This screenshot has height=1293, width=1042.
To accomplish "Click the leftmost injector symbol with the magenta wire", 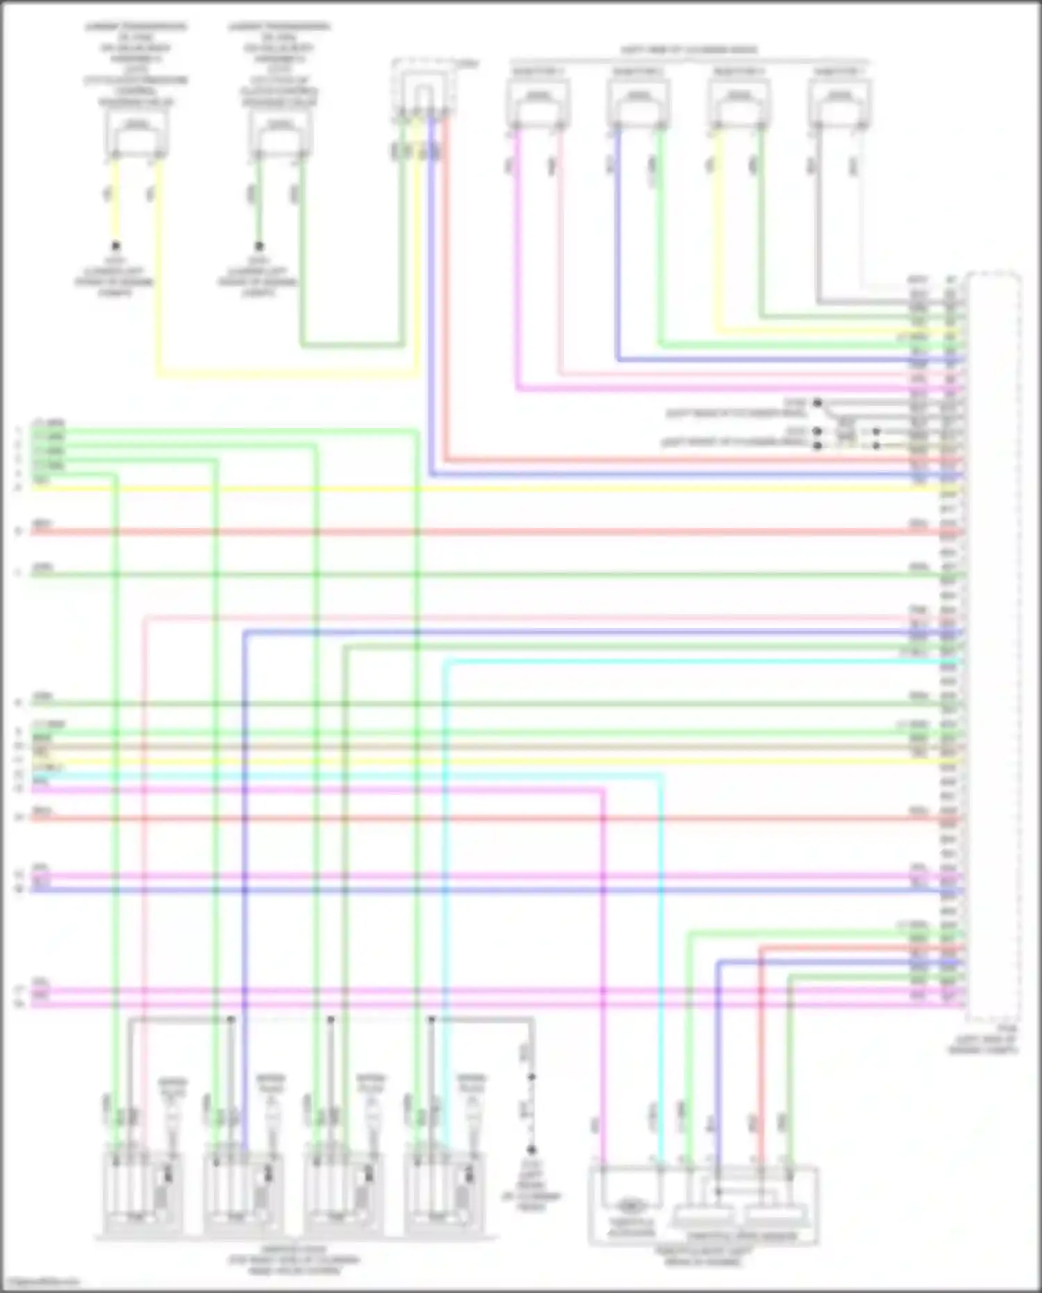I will [537, 103].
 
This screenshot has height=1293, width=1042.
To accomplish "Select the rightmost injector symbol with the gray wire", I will [840, 103].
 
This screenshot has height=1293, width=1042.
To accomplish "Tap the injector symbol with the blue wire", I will [638, 103].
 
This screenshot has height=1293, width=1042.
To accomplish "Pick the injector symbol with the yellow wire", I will [738, 103].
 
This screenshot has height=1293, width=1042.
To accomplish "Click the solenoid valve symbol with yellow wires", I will [137, 133].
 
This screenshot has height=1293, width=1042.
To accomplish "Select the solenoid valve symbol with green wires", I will [279, 133].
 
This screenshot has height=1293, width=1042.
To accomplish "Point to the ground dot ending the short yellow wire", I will [116, 246].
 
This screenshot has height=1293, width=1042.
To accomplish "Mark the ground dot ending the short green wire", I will [259, 246].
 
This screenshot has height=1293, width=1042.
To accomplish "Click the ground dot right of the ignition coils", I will [531, 1150].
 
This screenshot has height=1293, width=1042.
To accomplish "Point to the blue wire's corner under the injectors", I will [618, 360].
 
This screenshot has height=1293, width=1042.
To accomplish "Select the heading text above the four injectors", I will [688, 50].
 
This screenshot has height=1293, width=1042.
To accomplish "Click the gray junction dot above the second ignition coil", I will [231, 1020].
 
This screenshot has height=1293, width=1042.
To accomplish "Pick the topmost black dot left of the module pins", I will [818, 403].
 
